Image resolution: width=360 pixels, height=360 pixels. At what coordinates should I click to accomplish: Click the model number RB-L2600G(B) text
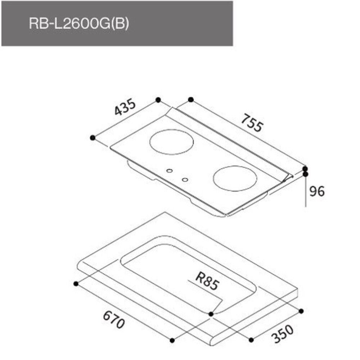tap(78, 24)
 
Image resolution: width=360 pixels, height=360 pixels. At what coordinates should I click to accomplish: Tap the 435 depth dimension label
tap(125, 107)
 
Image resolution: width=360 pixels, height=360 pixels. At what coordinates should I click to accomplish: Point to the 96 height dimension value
tap(317, 191)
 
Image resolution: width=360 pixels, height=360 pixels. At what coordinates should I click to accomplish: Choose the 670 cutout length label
tap(114, 320)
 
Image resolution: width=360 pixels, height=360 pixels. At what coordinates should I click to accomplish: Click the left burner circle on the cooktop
tap(172, 141)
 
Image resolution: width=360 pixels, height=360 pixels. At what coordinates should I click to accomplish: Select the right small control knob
tap(185, 179)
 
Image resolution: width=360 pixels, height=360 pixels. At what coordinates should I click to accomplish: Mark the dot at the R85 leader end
tap(211, 314)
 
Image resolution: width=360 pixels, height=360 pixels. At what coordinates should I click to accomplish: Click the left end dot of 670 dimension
tap(76, 284)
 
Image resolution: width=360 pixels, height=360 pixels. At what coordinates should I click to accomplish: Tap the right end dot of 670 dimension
tap(172, 340)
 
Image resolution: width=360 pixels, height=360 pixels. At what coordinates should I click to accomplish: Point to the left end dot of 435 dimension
tap(93, 138)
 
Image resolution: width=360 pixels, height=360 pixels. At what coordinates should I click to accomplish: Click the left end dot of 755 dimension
tap(191, 99)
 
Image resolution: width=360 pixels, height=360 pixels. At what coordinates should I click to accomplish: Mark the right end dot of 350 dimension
tap(302, 311)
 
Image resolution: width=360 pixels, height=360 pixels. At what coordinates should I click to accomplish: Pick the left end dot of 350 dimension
tap(251, 339)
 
